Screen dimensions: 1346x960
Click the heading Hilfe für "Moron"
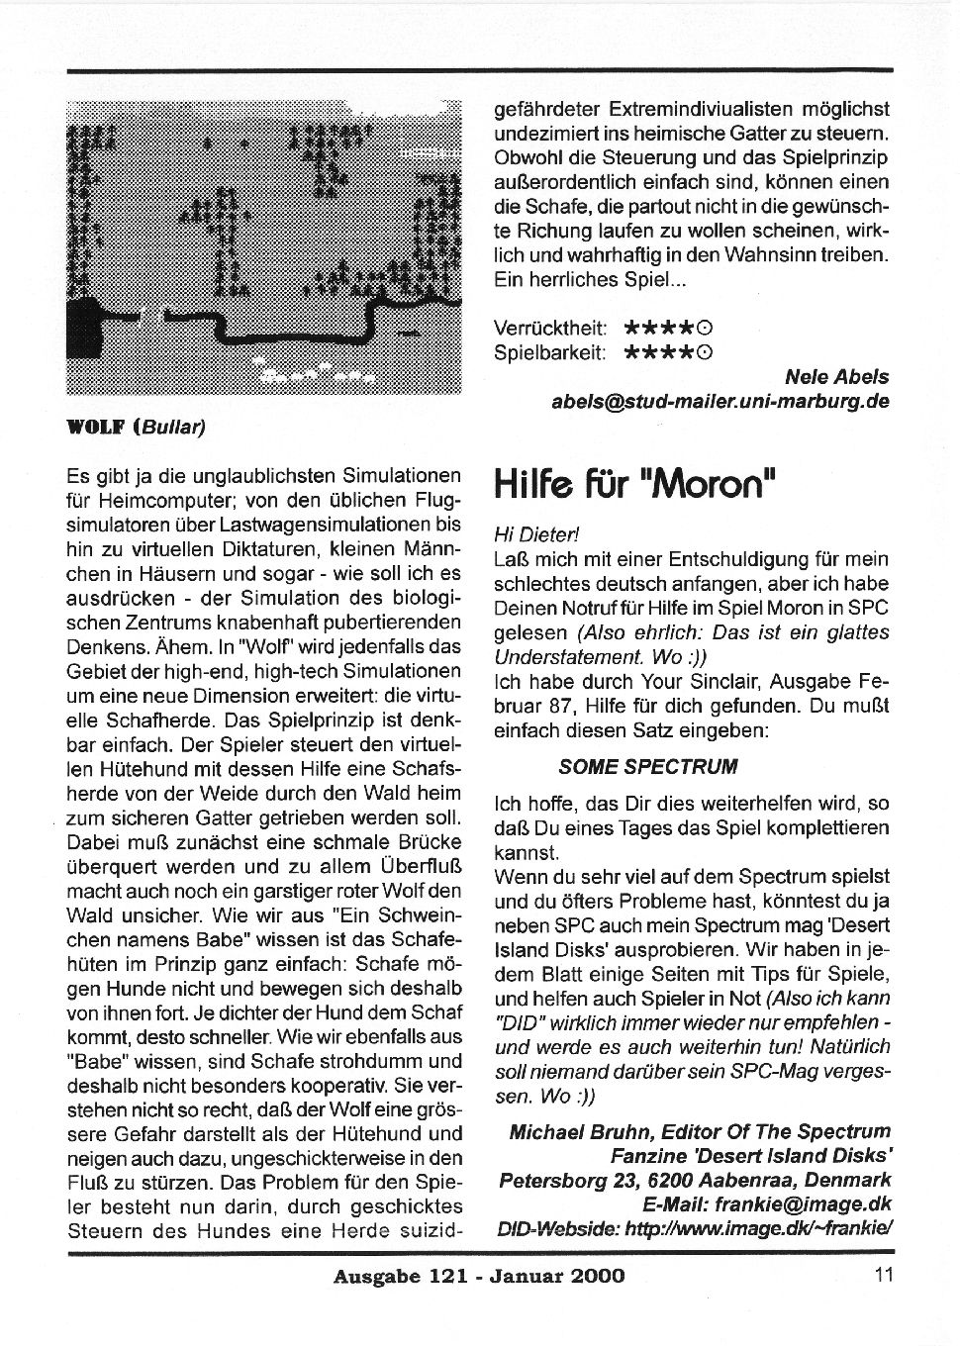(x=634, y=485)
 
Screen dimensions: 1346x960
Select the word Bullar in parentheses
(x=172, y=428)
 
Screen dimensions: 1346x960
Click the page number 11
(x=884, y=1275)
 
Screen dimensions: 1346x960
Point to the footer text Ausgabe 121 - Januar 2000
(x=479, y=1276)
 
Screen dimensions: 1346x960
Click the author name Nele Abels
(x=836, y=377)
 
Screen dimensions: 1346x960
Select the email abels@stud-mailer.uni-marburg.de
(x=720, y=402)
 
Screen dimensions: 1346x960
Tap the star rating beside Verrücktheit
(x=669, y=328)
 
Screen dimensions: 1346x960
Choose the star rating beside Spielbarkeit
(x=669, y=352)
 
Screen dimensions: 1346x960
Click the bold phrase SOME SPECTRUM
(x=647, y=766)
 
